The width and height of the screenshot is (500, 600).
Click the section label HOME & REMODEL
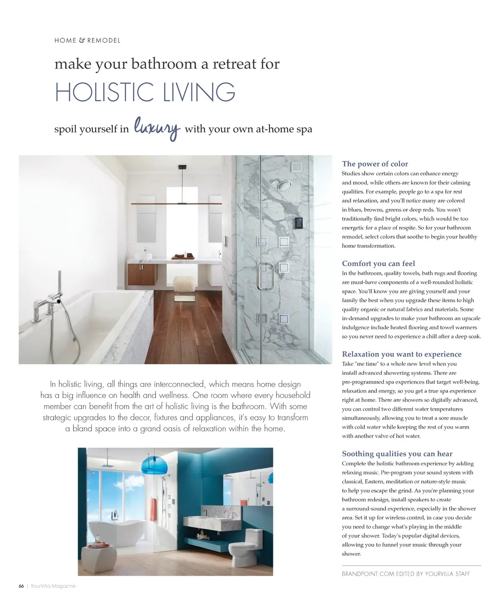(87, 41)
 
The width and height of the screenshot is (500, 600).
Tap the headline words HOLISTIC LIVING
(145, 92)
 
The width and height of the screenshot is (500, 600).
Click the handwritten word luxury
(157, 128)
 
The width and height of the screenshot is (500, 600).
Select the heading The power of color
(375, 164)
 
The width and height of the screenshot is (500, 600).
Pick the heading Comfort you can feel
(378, 264)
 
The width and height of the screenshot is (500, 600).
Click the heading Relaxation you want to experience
(401, 354)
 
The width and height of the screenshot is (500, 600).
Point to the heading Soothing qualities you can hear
(397, 454)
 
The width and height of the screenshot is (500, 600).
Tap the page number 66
(21, 586)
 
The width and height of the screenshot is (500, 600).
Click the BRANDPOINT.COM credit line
(406, 574)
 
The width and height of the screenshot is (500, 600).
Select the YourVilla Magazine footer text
(53, 586)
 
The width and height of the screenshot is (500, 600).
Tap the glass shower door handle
(265, 276)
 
